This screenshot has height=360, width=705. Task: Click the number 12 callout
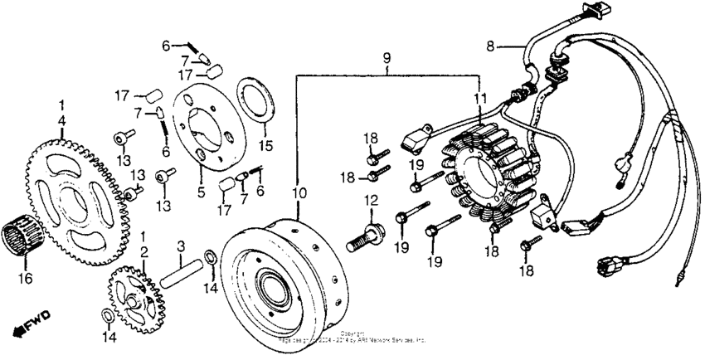371,199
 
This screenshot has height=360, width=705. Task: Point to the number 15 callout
266,146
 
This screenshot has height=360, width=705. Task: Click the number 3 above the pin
182,246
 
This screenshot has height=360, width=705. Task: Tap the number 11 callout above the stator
479,99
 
